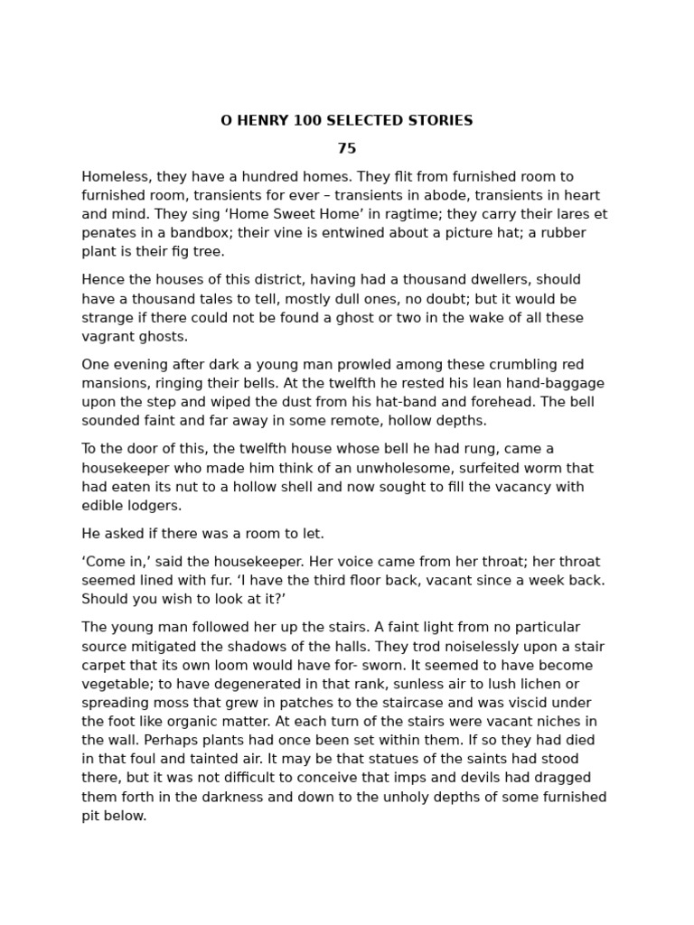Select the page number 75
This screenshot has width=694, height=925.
[x=347, y=149]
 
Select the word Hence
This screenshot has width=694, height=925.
[x=101, y=280]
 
